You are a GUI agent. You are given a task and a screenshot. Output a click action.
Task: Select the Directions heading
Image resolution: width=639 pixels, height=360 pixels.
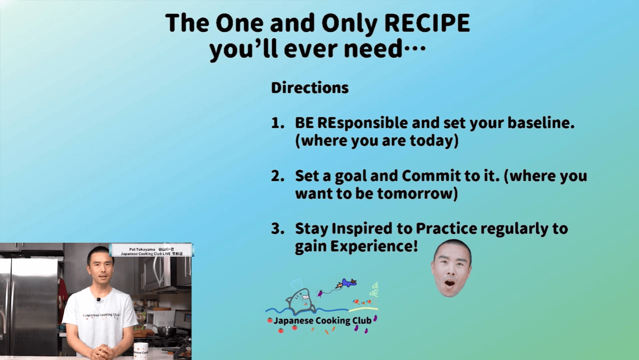click(x=310, y=88)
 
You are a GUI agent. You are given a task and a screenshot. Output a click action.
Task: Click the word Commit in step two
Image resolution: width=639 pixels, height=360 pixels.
click(x=429, y=176)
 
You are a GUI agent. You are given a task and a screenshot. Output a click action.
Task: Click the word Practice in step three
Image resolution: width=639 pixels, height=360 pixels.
click(x=446, y=229)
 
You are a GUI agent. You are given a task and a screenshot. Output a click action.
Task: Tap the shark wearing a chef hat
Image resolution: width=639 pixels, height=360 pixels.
click(x=300, y=300)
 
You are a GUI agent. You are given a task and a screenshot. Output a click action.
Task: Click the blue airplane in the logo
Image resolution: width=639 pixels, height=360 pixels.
click(x=348, y=283)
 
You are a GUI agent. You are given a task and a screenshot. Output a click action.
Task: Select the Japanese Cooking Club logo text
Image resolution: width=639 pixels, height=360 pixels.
click(x=322, y=321)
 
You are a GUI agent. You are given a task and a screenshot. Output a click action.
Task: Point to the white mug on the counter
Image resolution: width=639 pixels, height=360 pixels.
click(x=141, y=351)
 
